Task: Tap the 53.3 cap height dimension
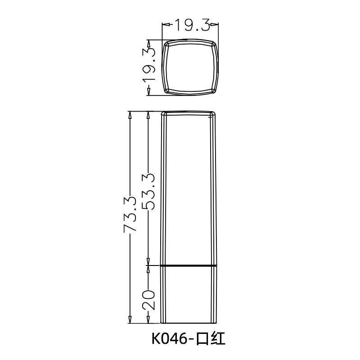pos(148,191)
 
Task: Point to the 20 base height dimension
pos(148,299)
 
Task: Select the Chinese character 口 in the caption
pos(202,339)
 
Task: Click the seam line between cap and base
pos(189,266)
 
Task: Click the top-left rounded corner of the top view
pos(166,44)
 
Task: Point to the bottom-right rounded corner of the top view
pos(214,91)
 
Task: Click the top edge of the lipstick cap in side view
pos(189,111)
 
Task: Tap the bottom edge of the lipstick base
pos(189,323)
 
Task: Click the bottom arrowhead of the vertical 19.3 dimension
pos(148,92)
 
